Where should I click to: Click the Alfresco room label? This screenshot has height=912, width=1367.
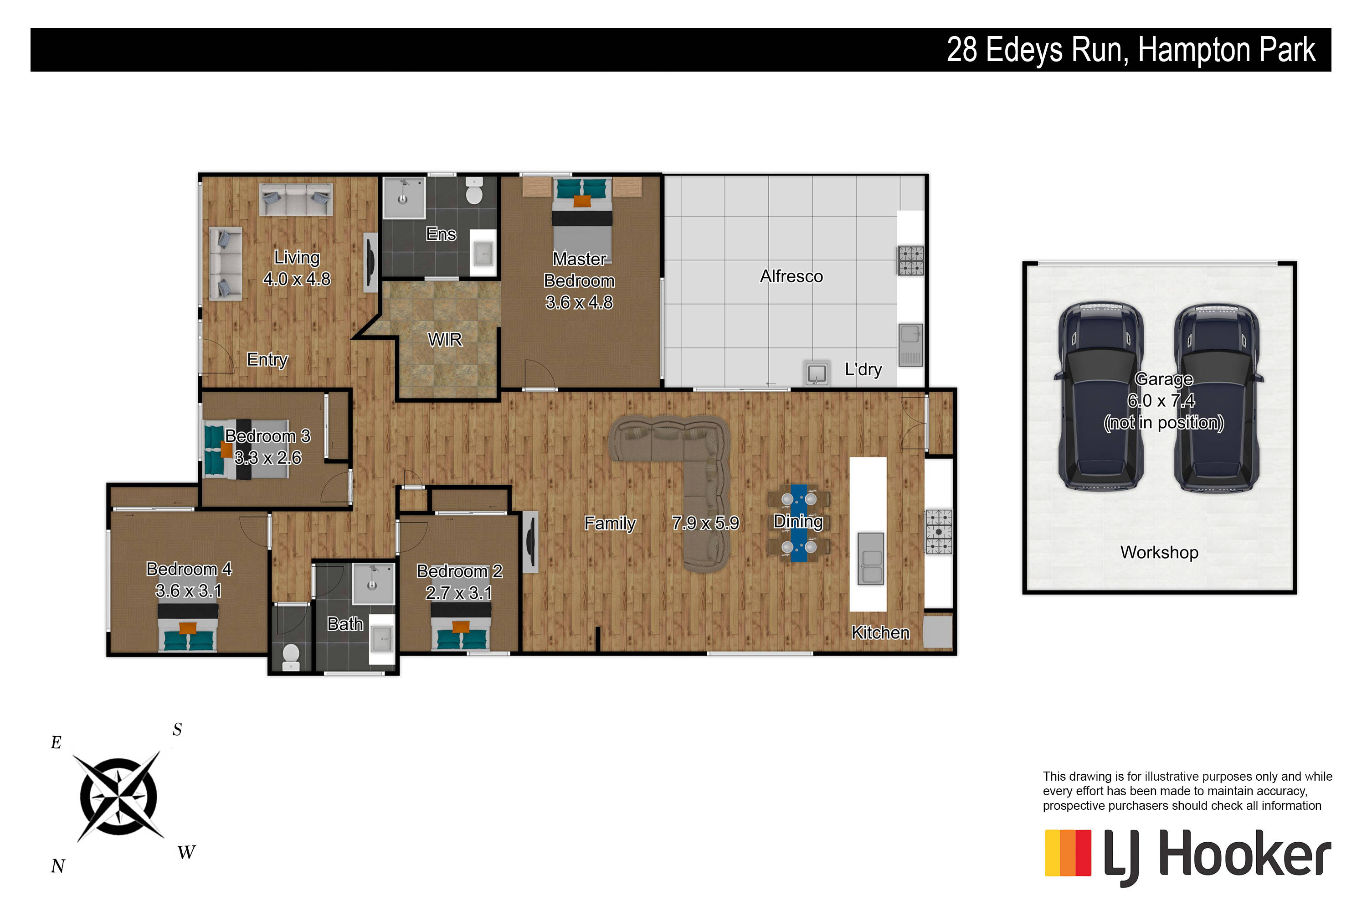pyautogui.click(x=791, y=276)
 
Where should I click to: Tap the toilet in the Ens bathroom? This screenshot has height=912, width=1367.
pyautogui.click(x=474, y=190)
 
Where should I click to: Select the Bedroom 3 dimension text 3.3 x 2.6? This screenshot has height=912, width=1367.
pyautogui.click(x=268, y=458)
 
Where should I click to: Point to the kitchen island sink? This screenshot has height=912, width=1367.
pyautogui.click(x=871, y=558)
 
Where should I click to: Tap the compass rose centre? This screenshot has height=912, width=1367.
pyautogui.click(x=118, y=796)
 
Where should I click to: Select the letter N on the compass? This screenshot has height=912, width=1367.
pyautogui.click(x=57, y=866)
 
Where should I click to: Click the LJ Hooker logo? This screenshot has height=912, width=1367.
pyautogui.click(x=1187, y=857)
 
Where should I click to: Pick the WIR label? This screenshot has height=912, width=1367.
pyautogui.click(x=445, y=340)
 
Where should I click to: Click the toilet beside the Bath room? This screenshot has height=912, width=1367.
pyautogui.click(x=291, y=656)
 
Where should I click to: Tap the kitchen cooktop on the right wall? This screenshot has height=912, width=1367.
pyautogui.click(x=939, y=532)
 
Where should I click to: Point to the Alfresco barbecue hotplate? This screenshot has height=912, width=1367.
pyautogui.click(x=911, y=260)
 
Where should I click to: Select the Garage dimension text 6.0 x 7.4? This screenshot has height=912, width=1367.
pyautogui.click(x=1161, y=401)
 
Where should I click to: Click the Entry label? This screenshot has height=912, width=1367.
pyautogui.click(x=267, y=360)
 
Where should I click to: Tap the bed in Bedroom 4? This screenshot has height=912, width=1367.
pyautogui.click(x=188, y=627)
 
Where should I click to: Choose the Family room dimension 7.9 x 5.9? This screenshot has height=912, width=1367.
pyautogui.click(x=705, y=523)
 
